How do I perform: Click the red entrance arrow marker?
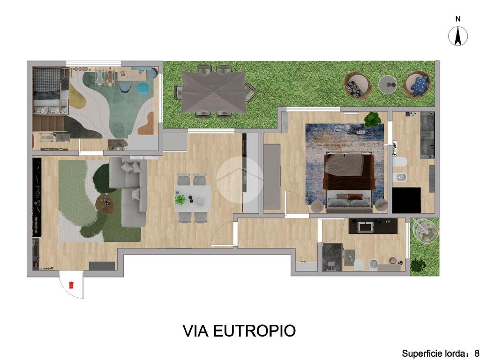[x=71, y=285]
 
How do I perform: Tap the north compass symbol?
[x=458, y=36]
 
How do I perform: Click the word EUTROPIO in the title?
[x=254, y=330]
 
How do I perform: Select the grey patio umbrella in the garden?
[x=213, y=91]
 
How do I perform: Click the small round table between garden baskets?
[x=388, y=84]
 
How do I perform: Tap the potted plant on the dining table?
[x=180, y=200]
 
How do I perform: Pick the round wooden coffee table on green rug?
[x=105, y=202]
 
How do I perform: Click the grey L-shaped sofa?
[x=128, y=192]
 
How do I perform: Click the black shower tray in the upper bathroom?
[x=406, y=200]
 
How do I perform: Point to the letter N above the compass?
[x=458, y=19]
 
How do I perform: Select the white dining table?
[x=193, y=199]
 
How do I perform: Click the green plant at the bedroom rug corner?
[x=372, y=120]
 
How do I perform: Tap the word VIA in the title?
[x=195, y=330]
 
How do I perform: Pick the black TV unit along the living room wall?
[x=37, y=197]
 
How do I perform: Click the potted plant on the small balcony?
[x=418, y=263]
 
